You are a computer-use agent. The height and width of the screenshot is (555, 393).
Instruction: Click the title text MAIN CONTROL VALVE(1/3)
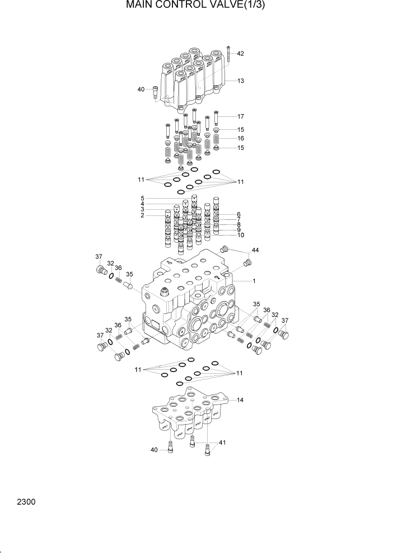[196, 6]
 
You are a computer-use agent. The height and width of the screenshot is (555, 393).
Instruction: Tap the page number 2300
[26, 502]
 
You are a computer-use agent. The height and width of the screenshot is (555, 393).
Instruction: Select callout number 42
[240, 54]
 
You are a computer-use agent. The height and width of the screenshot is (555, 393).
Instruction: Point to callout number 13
[240, 81]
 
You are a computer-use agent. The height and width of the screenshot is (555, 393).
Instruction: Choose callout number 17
[240, 117]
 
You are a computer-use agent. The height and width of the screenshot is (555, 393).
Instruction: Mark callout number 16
[240, 138]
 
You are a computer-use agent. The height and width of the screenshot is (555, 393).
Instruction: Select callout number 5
[142, 198]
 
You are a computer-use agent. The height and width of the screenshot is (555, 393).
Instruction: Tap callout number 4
[142, 204]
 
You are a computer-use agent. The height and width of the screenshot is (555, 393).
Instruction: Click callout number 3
[142, 209]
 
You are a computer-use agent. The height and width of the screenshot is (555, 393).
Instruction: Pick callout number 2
[142, 215]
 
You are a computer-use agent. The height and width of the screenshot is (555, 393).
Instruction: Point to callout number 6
[238, 215]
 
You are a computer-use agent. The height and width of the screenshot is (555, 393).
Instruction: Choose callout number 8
[238, 225]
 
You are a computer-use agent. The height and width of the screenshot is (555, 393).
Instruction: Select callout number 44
[255, 250]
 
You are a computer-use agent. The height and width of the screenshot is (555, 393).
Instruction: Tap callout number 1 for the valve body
[254, 281]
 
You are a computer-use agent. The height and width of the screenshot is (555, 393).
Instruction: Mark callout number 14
[240, 400]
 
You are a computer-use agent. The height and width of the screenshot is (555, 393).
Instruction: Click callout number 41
[222, 443]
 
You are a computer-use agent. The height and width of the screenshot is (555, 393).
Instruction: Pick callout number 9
[238, 230]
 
